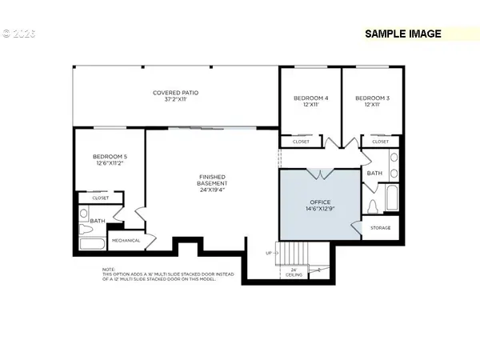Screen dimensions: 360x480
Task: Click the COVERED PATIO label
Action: click(x=175, y=93)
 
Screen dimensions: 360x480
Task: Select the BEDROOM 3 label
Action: click(x=372, y=98)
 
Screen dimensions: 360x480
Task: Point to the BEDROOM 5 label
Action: click(x=109, y=157)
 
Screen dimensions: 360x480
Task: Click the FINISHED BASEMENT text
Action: click(x=212, y=180)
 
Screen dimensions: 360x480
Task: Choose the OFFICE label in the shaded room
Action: click(x=319, y=202)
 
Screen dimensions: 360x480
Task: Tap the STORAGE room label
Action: click(x=380, y=228)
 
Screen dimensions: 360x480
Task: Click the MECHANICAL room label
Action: click(x=126, y=240)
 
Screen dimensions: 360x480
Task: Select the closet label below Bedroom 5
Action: click(x=101, y=198)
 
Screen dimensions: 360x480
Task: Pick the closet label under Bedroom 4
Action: click(x=301, y=142)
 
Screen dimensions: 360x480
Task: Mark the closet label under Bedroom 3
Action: click(x=380, y=142)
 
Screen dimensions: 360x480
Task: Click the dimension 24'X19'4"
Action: click(x=212, y=190)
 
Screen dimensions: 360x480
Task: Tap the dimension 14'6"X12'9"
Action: click(x=319, y=210)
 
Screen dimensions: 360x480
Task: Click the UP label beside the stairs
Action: click(x=268, y=253)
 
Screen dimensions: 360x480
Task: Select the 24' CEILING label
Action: click(x=294, y=272)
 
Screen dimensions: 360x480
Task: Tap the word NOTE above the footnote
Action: click(x=109, y=270)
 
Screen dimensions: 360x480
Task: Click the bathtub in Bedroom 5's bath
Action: click(x=92, y=243)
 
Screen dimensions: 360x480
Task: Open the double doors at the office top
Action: click(x=319, y=174)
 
